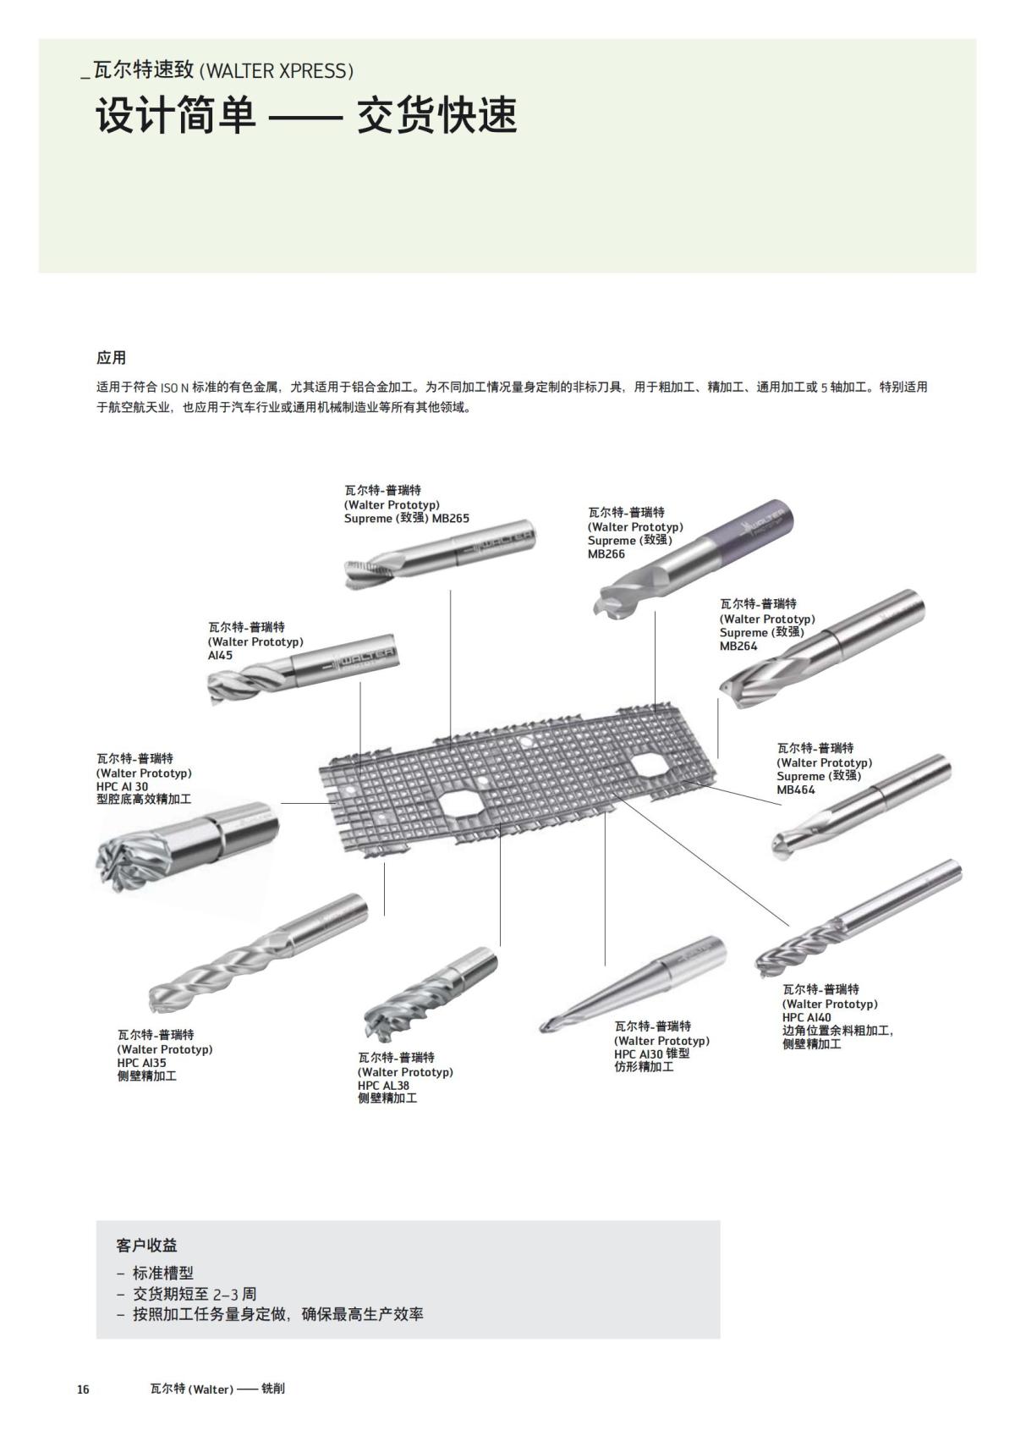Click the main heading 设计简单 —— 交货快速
click(x=305, y=116)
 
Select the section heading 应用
click(x=111, y=358)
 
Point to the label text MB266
click(x=606, y=554)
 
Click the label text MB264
click(x=738, y=646)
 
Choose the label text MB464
click(x=796, y=790)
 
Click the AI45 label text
click(x=220, y=656)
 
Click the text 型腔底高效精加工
click(x=144, y=799)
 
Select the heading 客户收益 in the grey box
click(x=146, y=1246)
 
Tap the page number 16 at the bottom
click(x=83, y=1389)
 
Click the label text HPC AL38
click(x=383, y=1086)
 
